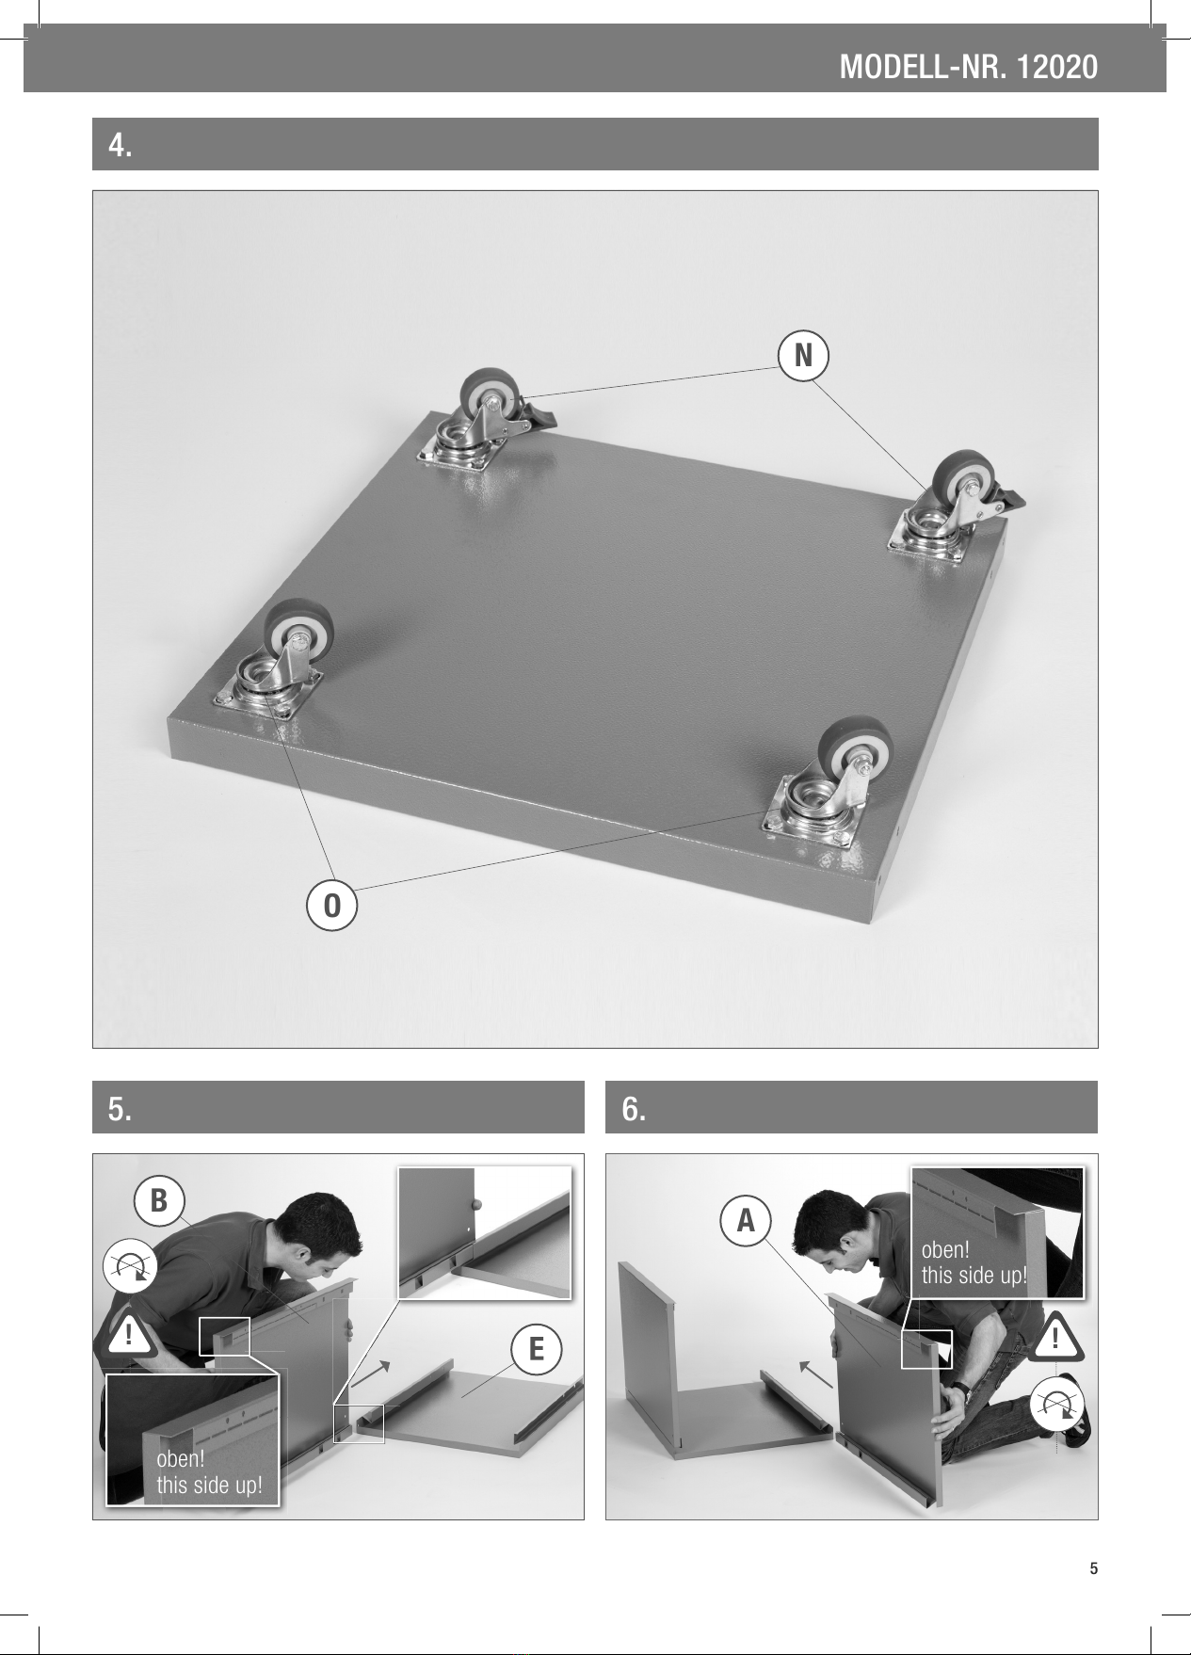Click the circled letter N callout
(x=803, y=356)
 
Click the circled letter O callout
(x=331, y=905)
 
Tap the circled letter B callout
(x=159, y=1200)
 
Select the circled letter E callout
(x=536, y=1349)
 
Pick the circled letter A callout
(x=746, y=1220)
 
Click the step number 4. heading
(x=121, y=145)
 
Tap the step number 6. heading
(x=635, y=1109)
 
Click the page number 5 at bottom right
(x=1093, y=1568)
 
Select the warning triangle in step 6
(x=1059, y=1336)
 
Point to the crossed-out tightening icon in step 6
(x=1058, y=1404)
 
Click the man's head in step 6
(x=835, y=1238)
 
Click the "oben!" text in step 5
(x=180, y=1460)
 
